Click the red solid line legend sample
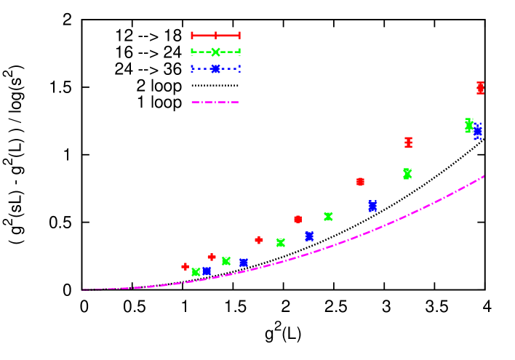pyautogui.click(x=215, y=35)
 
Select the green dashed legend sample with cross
pyautogui.click(x=215, y=52)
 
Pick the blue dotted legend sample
pyautogui.click(x=215, y=69)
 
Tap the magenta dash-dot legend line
pyautogui.click(x=215, y=102)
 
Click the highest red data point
pyautogui.click(x=480, y=87)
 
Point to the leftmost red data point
pyautogui.click(x=185, y=267)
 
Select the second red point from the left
pyautogui.click(x=212, y=257)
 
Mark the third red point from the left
pyautogui.click(x=259, y=240)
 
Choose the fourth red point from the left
pyautogui.click(x=298, y=219)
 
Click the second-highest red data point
pyautogui.click(x=409, y=143)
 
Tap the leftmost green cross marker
pyautogui.click(x=196, y=272)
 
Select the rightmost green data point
pyautogui.click(x=469, y=126)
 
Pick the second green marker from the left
pyautogui.click(x=226, y=261)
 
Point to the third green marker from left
pyautogui.click(x=281, y=243)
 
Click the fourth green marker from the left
pyautogui.click(x=329, y=216)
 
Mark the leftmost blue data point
pyautogui.click(x=207, y=271)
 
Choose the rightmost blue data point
pyautogui.click(x=478, y=132)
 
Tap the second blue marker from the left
pyautogui.click(x=244, y=263)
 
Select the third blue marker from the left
pyautogui.click(x=310, y=236)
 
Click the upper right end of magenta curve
pyautogui.click(x=484, y=176)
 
